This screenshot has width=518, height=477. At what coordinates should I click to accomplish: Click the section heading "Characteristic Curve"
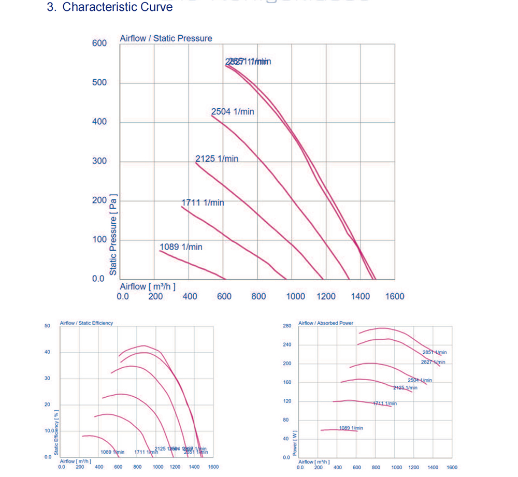coord(117,7)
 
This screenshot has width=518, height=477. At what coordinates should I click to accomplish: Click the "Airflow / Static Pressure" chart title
coord(166,38)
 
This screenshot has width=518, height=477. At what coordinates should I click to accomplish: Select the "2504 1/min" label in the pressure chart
coord(233,111)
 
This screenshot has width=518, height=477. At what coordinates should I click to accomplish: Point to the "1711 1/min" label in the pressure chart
coord(203,203)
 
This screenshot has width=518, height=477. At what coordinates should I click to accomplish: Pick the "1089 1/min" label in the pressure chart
coord(181,247)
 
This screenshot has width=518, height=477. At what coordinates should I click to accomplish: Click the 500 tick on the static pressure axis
coord(99,83)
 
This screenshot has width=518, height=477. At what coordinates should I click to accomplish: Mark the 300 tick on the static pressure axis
coord(99,161)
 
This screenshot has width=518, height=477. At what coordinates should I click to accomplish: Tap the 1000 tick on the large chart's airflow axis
coord(296,296)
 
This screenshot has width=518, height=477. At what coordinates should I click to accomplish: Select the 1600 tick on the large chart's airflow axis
coord(395,296)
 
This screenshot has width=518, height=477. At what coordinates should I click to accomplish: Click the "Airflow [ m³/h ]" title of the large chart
coord(148,286)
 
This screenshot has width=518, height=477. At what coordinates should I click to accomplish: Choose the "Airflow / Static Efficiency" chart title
coord(86,323)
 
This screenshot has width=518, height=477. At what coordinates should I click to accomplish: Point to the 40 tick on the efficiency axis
coord(47,352)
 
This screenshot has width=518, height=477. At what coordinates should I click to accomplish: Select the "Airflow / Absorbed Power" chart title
coord(326,323)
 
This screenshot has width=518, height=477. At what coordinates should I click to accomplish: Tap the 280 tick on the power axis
coord(287,326)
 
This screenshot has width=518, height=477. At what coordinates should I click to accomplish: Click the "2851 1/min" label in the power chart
coord(434,352)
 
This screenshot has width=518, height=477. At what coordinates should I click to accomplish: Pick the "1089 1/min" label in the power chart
coord(351,428)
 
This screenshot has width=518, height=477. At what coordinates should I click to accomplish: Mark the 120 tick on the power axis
coord(287,401)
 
